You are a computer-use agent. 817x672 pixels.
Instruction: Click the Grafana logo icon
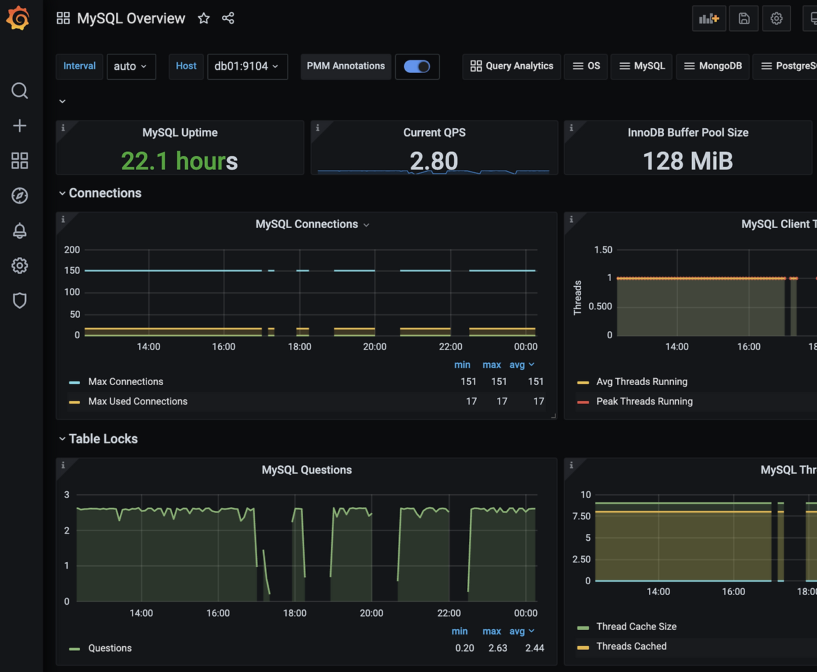pos(18,18)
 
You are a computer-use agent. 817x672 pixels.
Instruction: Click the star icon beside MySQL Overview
pos(204,19)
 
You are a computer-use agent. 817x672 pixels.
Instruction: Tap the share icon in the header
pos(228,19)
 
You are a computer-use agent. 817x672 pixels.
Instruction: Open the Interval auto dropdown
pos(131,66)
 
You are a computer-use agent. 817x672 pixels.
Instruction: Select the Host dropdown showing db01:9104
pos(247,66)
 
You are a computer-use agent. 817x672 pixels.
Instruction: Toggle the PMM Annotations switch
pos(417,66)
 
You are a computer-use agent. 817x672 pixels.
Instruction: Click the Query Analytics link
pos(511,66)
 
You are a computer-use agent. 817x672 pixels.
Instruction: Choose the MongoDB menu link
pos(713,66)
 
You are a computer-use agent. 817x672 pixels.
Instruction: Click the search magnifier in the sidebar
pos(19,91)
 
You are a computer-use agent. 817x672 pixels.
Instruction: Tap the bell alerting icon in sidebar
pos(19,231)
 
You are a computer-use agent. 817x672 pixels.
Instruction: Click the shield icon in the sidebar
pos(19,301)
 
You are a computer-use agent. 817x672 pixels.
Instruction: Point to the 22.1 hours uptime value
pos(179,161)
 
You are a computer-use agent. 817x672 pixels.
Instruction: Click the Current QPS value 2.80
pos(434,161)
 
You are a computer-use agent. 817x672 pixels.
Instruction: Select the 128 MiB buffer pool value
pos(688,161)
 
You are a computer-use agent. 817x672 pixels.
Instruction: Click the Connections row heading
pos(105,193)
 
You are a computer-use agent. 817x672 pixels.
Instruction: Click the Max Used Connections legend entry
pos(137,401)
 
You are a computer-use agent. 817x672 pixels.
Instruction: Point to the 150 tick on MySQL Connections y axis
pos(72,271)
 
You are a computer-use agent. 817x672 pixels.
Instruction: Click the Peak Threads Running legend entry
pos(644,401)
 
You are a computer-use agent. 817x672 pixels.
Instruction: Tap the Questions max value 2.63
pos(498,648)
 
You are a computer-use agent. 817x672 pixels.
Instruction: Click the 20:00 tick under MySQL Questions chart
pos(371,613)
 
